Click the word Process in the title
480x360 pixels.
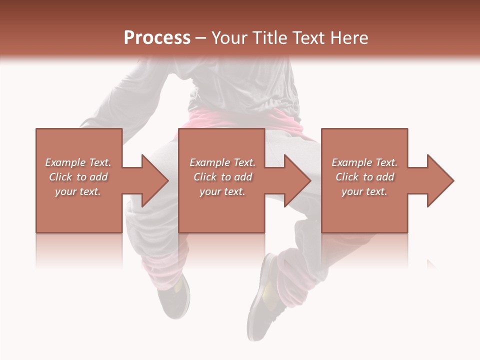coord(157,38)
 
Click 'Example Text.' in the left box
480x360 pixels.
coord(78,162)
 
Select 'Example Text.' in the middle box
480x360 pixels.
coord(222,162)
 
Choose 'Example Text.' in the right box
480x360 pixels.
coord(364,162)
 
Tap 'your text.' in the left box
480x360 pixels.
coord(78,191)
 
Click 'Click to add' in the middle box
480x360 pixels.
coord(222,177)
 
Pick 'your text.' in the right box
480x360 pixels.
coord(364,191)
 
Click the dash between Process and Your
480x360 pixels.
coord(201,38)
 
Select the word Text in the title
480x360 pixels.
coord(306,38)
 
